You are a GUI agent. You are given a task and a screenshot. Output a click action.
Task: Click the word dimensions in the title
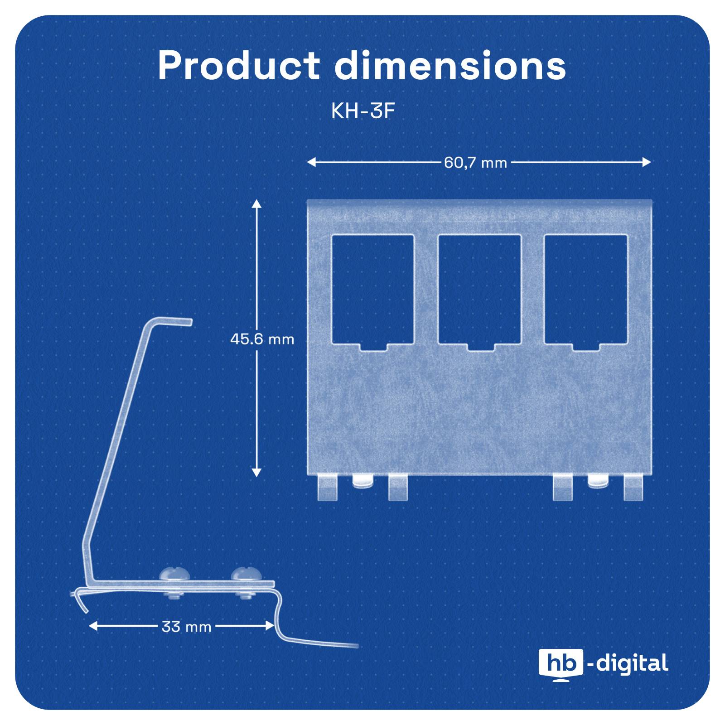click(450, 66)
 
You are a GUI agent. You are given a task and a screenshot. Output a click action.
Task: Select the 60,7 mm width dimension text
click(475, 162)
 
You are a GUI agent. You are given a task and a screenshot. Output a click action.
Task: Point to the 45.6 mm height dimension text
click(262, 339)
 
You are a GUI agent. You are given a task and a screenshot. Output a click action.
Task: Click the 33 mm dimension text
click(186, 627)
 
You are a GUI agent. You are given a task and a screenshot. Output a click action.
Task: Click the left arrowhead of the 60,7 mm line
click(311, 162)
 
